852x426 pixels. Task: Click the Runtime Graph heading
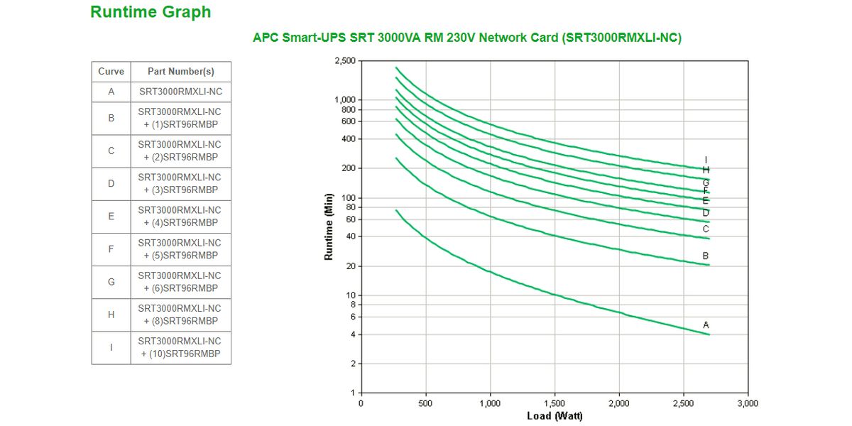[151, 12]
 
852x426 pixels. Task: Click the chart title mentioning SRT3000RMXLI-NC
[466, 38]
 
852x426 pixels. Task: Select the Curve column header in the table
[111, 72]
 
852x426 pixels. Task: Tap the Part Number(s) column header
[180, 72]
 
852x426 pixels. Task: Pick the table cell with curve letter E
[111, 217]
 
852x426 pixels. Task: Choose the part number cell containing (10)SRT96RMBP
[180, 348]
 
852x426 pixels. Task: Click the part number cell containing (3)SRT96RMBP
[180, 184]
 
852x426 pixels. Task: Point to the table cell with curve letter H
[111, 315]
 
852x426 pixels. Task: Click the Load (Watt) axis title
[555, 415]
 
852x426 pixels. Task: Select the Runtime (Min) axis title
[329, 226]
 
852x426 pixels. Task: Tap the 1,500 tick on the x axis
[555, 403]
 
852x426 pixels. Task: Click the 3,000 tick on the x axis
[748, 403]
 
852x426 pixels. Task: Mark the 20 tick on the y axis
[349, 266]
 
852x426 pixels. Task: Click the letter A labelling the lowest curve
[706, 325]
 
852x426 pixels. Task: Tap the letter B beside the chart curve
[706, 256]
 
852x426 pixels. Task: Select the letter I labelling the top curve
[706, 160]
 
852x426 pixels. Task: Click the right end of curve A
[709, 334]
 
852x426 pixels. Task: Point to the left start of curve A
[396, 210]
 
